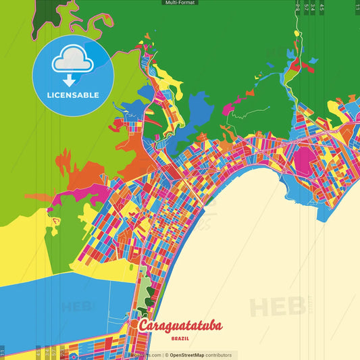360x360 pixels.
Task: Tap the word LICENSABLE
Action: [x=73, y=95]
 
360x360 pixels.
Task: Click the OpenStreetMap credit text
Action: [x=191, y=355]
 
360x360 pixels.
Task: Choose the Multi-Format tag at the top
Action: [x=180, y=3]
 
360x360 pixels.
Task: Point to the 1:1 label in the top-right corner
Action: [x=357, y=7]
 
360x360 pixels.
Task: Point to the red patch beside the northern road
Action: [x=294, y=63]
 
